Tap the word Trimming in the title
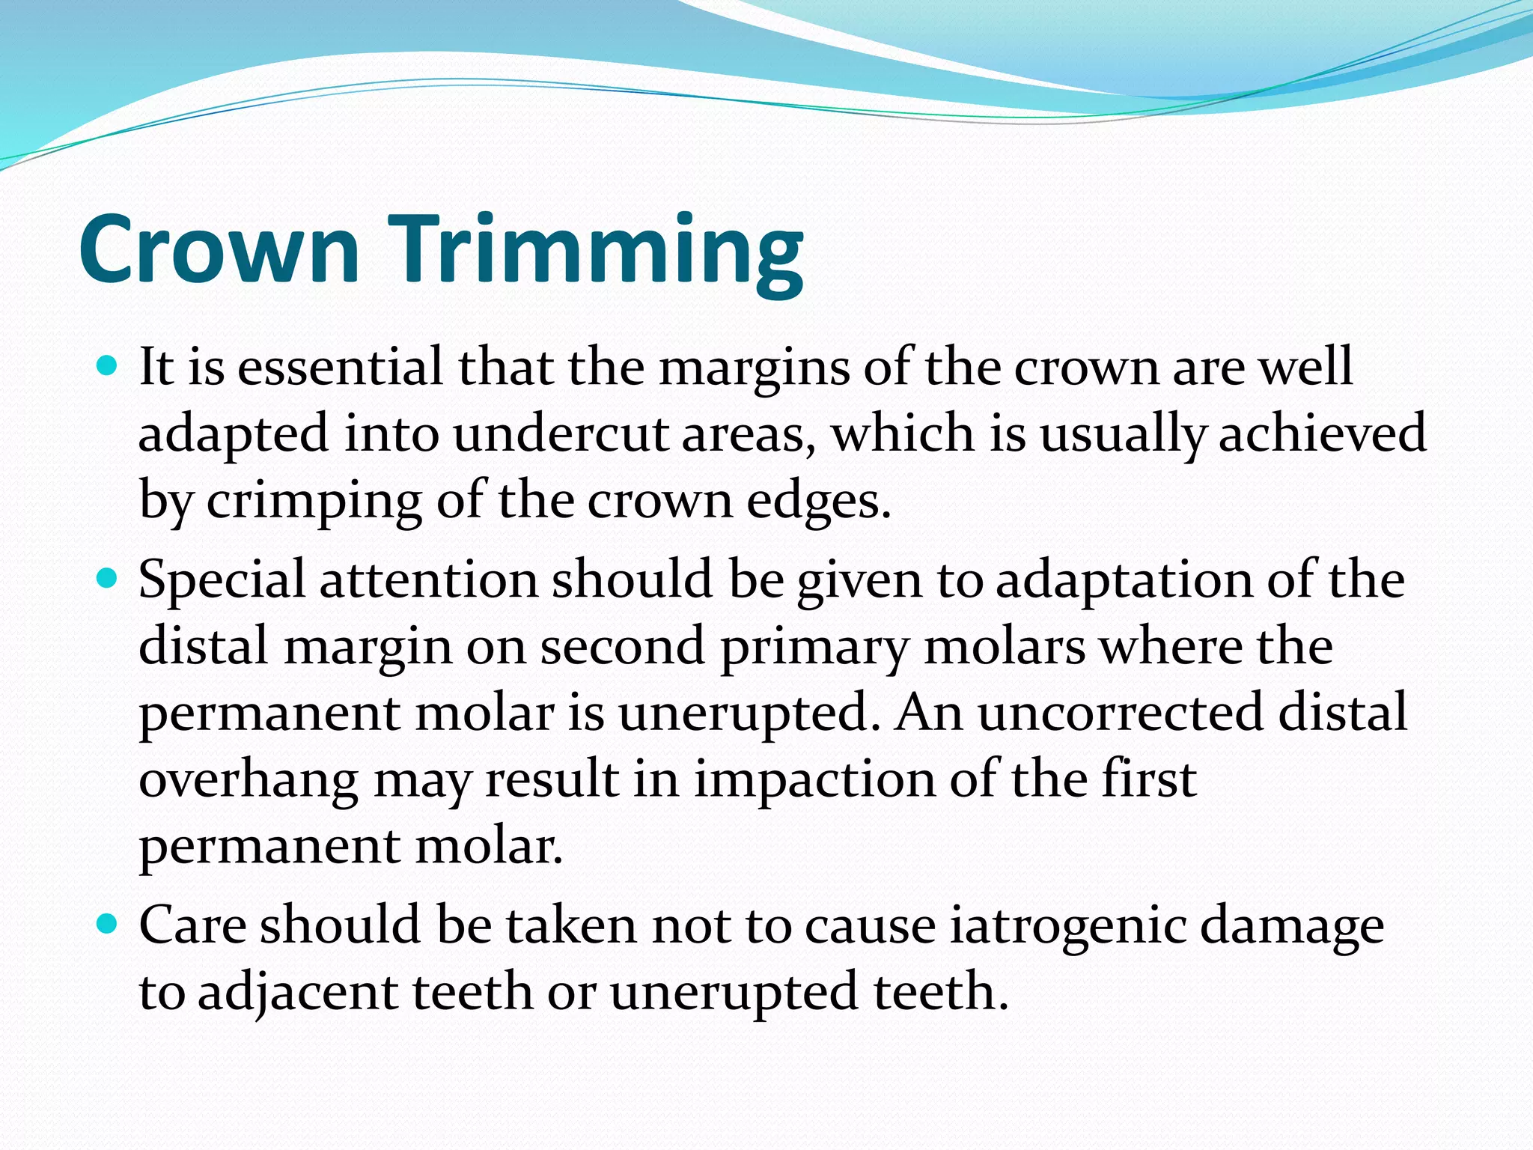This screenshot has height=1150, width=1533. point(595,251)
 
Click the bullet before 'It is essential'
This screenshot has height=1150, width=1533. point(109,367)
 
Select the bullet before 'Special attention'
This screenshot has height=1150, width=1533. point(109,579)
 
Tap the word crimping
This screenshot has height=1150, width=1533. point(314,502)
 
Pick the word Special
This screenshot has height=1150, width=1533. point(222,580)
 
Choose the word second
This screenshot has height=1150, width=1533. point(622,646)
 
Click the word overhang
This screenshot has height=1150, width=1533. point(249,780)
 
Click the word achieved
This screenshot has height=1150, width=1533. point(1322,434)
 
